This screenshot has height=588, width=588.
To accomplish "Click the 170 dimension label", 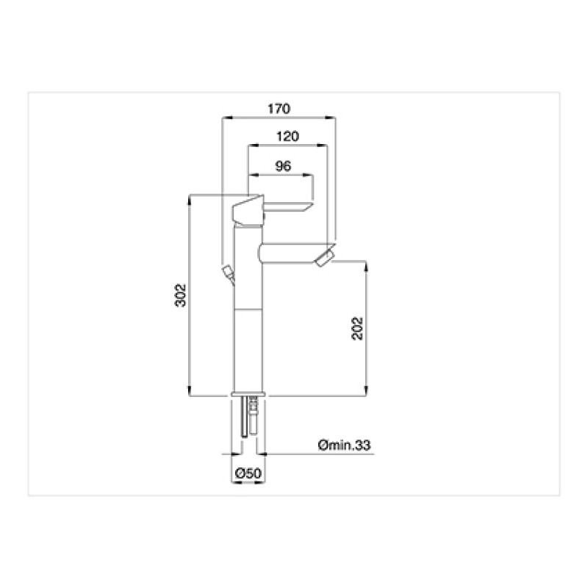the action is pos(279,109).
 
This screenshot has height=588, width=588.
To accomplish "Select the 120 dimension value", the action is pos(287,136).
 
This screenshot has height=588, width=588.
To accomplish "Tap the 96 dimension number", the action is pos(283,166).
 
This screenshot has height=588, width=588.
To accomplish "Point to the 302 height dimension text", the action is pos(181,295).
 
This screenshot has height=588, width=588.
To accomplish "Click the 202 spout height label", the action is pos(357,329).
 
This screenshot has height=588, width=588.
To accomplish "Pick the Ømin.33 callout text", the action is pos(344,445).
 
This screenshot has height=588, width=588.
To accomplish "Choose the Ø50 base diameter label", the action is pos(248,473).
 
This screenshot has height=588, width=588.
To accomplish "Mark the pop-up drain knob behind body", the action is pos(229,274).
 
